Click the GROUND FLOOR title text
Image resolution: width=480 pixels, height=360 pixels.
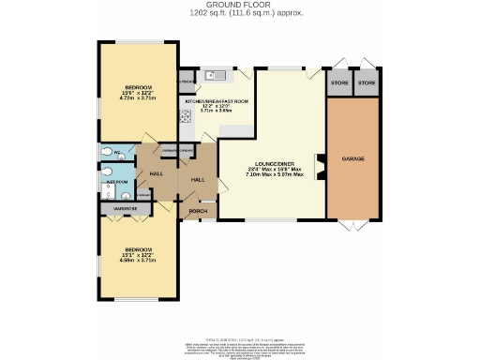[x=239, y=5]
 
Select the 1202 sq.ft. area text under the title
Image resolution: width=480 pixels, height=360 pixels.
[x=239, y=14]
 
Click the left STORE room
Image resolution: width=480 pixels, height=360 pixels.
[x=338, y=82]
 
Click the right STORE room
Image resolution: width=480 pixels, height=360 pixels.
[x=368, y=82]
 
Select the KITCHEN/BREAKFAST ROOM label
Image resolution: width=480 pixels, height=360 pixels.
[x=217, y=100]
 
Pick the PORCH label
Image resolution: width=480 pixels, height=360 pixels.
[x=198, y=211]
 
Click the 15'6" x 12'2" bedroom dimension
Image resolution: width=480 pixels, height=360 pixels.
[x=138, y=90]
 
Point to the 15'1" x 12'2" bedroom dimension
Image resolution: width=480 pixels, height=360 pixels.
[x=138, y=251]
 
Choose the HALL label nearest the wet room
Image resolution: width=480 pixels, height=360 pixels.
[x=157, y=174]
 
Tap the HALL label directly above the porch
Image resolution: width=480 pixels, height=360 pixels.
[x=198, y=178]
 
